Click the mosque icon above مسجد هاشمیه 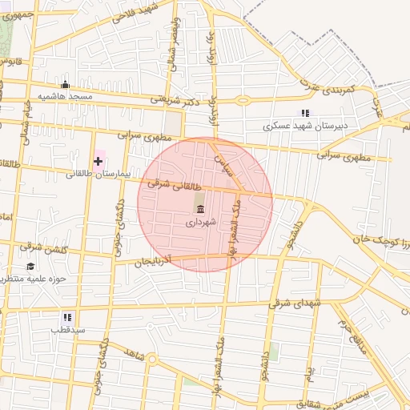[66, 85]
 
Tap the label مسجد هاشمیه [70, 97]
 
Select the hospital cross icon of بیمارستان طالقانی [98, 161]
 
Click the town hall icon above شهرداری [199, 210]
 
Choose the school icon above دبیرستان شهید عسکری [303, 114]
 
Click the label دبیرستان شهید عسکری [304, 127]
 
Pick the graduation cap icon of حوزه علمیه [30, 267]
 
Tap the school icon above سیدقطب [67, 317]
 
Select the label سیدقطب [67, 329]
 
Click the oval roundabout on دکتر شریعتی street [241, 100]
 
